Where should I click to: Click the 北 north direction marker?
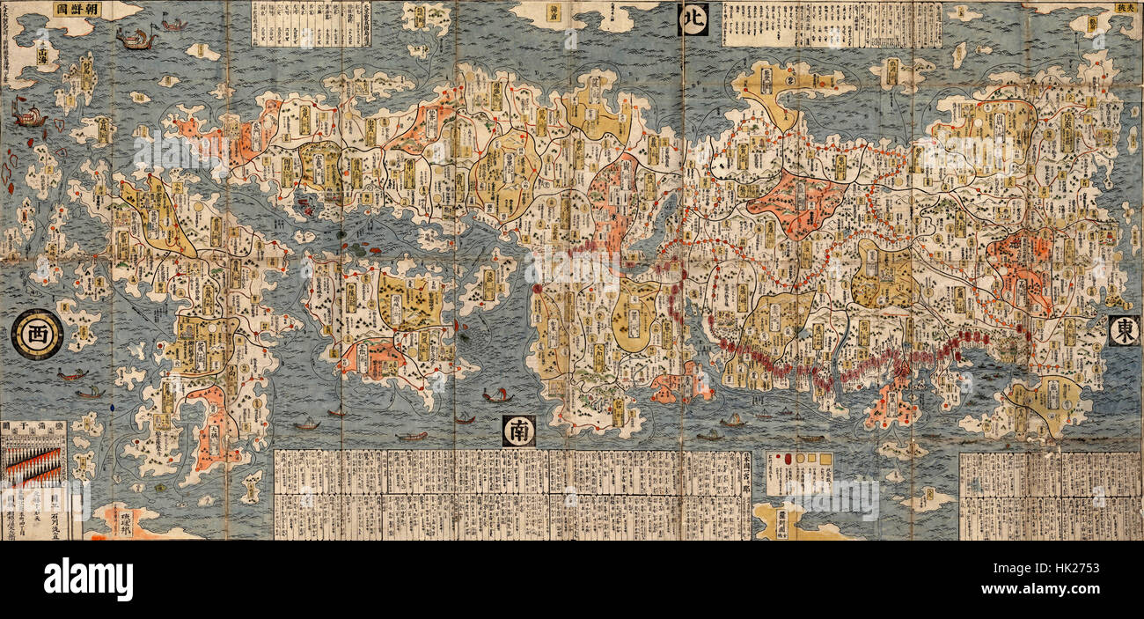(x=693, y=19)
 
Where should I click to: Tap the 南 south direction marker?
(x=518, y=431)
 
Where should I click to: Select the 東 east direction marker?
(x=1124, y=331)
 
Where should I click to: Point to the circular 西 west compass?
(x=37, y=334)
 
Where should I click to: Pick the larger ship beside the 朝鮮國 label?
(x=136, y=37)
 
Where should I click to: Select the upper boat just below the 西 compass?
(x=73, y=375)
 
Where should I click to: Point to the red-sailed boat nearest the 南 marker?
(x=497, y=395)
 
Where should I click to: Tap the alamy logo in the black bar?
(x=88, y=580)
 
